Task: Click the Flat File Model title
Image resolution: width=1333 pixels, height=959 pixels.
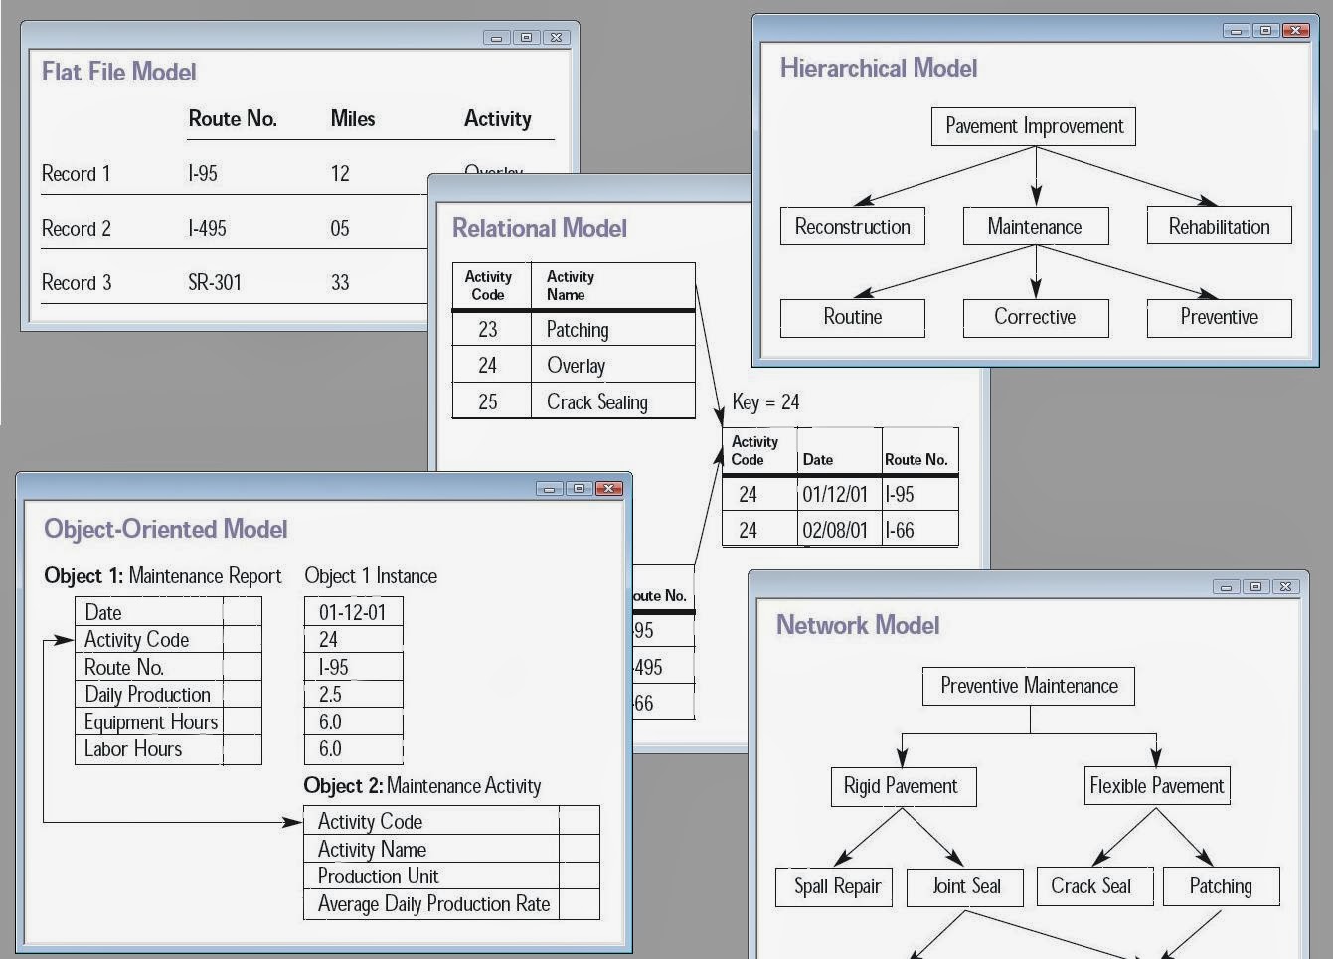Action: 118,72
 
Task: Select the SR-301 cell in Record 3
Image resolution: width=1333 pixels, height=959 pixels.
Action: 215,282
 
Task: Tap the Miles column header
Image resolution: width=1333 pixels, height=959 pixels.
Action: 352,119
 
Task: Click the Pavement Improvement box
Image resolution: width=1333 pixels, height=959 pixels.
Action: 1034,127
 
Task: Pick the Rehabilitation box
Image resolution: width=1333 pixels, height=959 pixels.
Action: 1219,227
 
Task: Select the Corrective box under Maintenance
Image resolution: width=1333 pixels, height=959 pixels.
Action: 1035,317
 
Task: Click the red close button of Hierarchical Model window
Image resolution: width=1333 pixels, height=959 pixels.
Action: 1296,31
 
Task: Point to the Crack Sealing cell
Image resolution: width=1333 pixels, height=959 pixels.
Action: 596,401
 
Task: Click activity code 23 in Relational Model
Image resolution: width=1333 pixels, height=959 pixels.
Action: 487,330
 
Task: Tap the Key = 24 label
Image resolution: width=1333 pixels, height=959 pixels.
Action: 765,402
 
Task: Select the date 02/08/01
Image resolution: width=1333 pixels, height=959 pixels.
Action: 835,530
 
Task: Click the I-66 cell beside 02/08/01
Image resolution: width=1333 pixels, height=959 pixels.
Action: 900,530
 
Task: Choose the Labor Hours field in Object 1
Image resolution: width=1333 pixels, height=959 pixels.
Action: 133,749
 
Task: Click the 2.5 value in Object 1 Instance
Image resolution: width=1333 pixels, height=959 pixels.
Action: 330,695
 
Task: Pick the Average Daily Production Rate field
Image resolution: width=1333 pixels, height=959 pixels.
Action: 433,904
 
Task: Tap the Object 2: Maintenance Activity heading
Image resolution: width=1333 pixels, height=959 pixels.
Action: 421,786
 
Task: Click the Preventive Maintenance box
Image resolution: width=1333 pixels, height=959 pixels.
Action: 1029,686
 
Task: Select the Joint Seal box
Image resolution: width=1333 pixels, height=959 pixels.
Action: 965,886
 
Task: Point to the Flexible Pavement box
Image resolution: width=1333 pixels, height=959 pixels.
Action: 1156,786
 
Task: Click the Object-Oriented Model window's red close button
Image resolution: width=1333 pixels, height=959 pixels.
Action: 609,488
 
